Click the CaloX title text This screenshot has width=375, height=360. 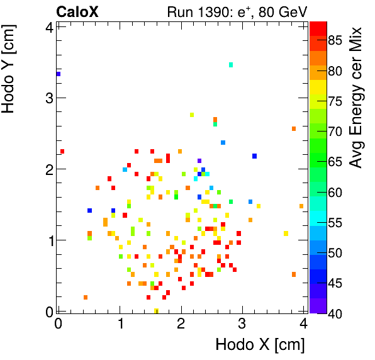[78, 11]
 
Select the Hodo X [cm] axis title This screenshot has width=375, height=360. [260, 345]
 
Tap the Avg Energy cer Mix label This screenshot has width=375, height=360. [357, 98]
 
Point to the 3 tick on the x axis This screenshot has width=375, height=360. [242, 323]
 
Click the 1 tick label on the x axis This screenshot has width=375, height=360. [120, 323]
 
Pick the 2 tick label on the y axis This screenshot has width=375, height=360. [48, 169]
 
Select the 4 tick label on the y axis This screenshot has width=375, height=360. [48, 26]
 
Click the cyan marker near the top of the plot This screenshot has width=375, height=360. [231, 65]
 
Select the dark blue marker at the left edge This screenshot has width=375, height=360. [59, 74]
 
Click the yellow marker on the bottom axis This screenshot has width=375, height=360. [156, 310]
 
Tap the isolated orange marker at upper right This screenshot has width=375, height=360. [293, 129]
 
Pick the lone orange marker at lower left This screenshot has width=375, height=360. [86, 297]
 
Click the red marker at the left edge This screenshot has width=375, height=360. [62, 152]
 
